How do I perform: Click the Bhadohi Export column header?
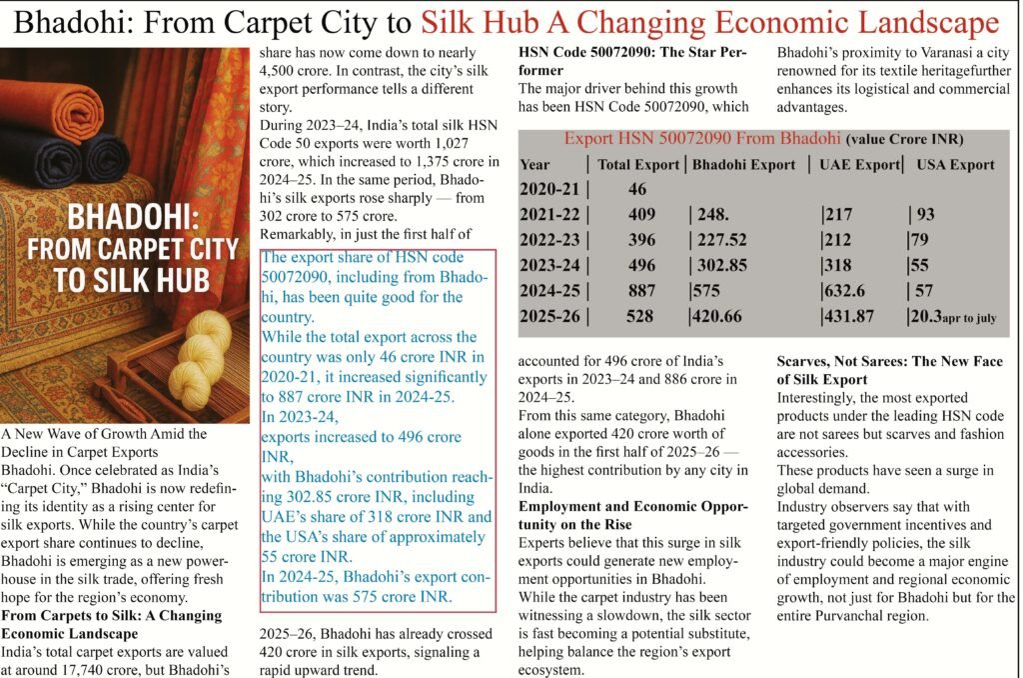[744, 164]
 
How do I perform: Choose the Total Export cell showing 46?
[638, 187]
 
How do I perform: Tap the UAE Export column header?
[859, 164]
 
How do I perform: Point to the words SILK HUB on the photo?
[131, 279]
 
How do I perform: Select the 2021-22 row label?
[548, 212]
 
